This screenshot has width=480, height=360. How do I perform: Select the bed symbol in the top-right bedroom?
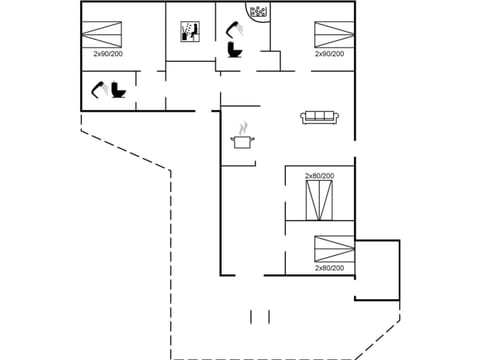(x=329, y=32)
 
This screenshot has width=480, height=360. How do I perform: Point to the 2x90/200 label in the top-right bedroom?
(x=329, y=54)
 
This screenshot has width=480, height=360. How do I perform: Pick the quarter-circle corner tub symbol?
(x=257, y=13)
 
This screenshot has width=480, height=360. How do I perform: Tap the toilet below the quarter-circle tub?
(x=236, y=48)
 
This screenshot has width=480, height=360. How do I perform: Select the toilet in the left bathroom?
(x=119, y=91)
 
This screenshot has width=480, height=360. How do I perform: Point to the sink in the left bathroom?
(x=100, y=90)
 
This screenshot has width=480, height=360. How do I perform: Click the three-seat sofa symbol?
(x=320, y=117)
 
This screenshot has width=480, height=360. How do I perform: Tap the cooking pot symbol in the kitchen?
(x=242, y=143)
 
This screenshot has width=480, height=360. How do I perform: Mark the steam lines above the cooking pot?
(x=242, y=128)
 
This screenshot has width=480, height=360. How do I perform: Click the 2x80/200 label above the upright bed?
(x=320, y=176)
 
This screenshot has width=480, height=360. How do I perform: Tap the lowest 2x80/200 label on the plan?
(x=329, y=268)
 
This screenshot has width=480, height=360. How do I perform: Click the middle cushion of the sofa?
(x=320, y=117)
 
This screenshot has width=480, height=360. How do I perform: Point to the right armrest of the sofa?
(x=338, y=118)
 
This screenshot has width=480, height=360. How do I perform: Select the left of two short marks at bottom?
(x=251, y=316)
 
